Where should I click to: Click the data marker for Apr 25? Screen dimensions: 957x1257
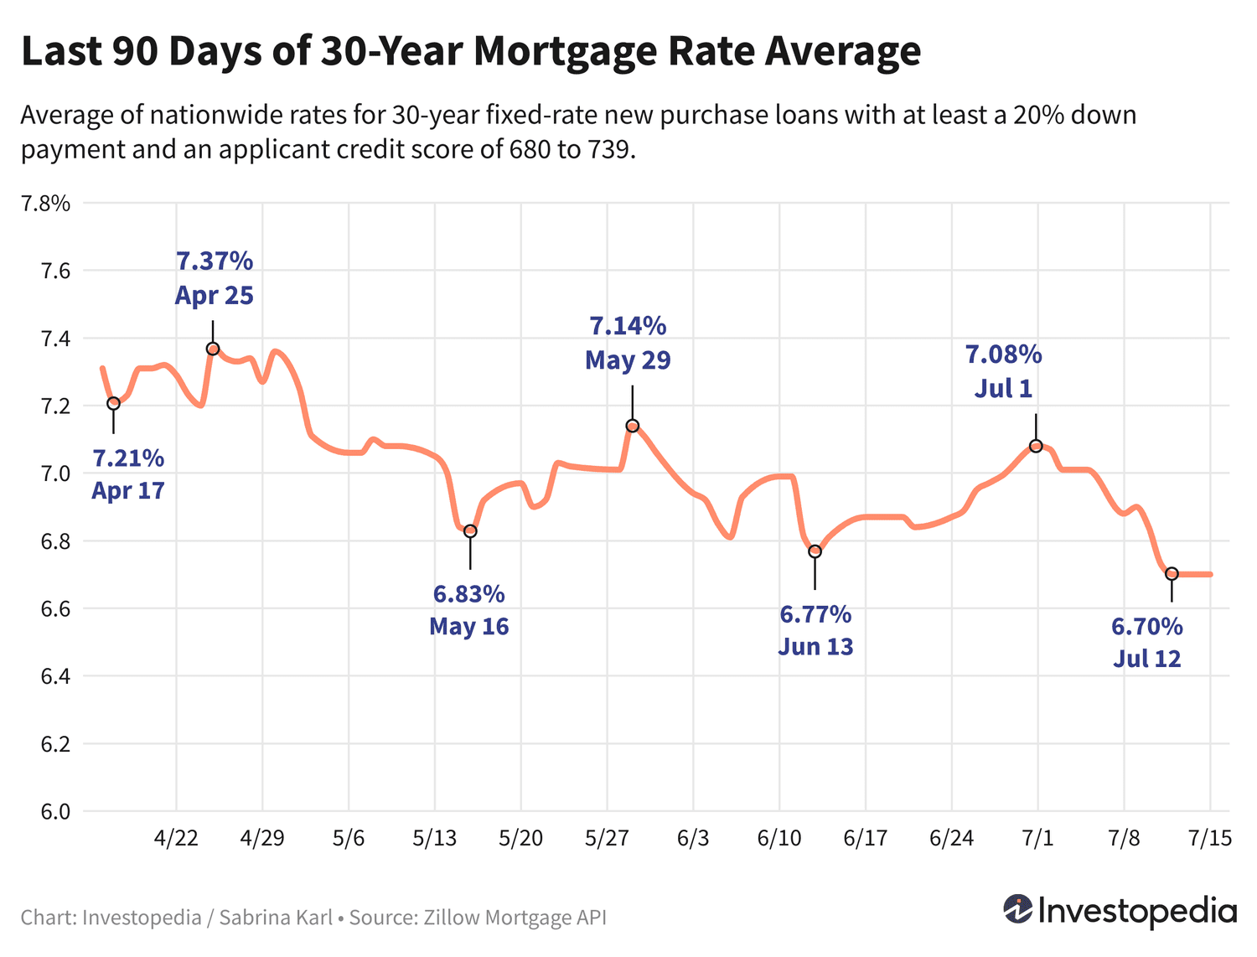tap(213, 349)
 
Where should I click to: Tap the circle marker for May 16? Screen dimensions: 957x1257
tap(470, 531)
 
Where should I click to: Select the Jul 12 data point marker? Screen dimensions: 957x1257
tap(1172, 574)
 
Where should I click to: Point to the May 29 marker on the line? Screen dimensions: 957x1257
tap(633, 426)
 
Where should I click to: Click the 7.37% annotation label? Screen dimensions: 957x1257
tap(215, 261)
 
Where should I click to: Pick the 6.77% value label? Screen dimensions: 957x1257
tap(815, 615)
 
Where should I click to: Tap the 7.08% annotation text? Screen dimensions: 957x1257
tap(1003, 354)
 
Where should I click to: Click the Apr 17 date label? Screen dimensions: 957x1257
tap(127, 491)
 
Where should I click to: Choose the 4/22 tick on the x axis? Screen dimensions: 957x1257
tap(176, 839)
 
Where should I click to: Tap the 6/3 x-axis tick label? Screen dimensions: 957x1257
tap(693, 839)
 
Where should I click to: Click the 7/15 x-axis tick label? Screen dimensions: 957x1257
tap(1210, 839)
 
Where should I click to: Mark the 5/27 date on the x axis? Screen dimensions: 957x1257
tap(607, 839)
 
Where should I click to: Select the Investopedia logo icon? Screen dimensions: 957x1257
tap(1018, 909)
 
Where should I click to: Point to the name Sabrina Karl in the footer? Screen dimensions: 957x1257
tap(276, 918)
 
